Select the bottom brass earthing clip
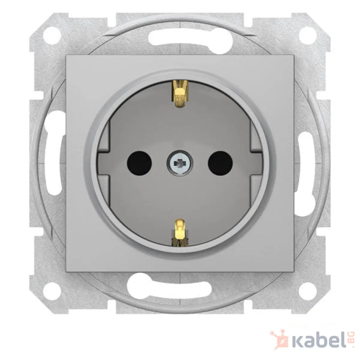point(180,232)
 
